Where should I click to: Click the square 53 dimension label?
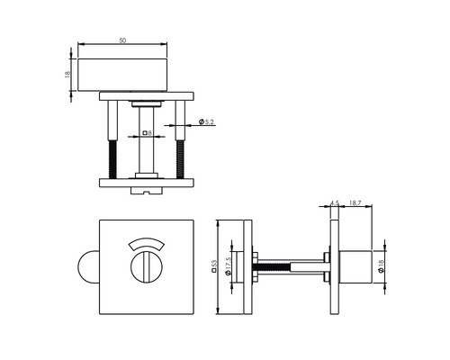click(213, 265)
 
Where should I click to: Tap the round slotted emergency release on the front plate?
click(145, 268)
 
